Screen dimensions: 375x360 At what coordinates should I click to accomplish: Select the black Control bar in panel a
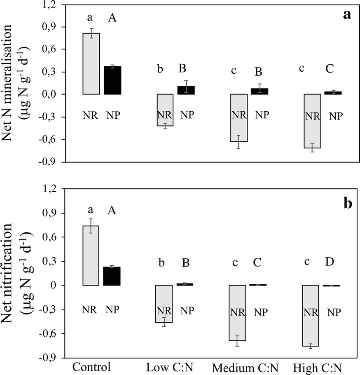click(x=112, y=80)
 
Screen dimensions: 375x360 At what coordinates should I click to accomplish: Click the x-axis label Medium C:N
click(x=238, y=367)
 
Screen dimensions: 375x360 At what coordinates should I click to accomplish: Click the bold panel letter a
click(x=347, y=15)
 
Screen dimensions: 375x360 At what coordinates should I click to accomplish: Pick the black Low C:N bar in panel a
click(x=185, y=90)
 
